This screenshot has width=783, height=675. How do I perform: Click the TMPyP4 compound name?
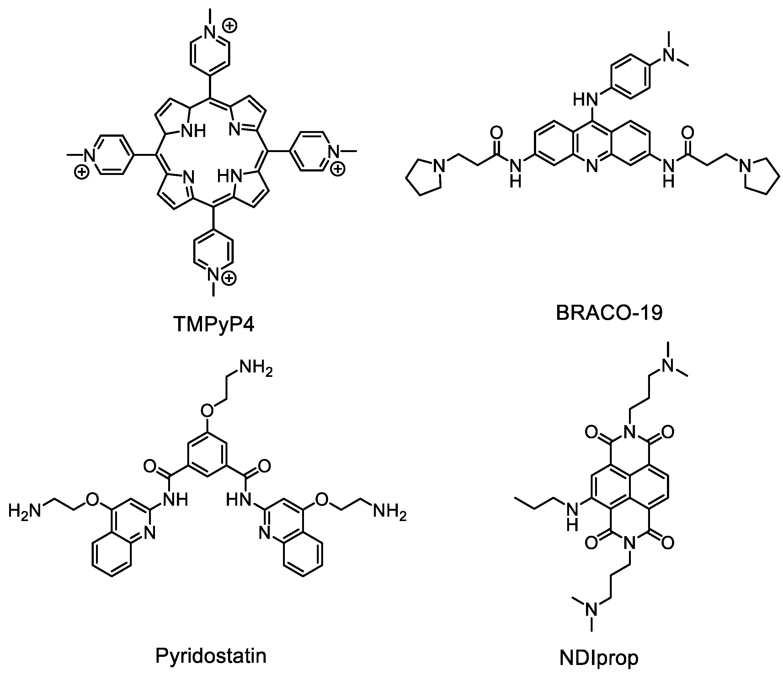coord(214,324)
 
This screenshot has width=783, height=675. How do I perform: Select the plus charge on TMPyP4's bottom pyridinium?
coord(229,279)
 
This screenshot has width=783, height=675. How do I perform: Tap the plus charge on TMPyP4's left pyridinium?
coord(81,173)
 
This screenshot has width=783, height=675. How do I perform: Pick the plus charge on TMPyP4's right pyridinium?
coord(338,170)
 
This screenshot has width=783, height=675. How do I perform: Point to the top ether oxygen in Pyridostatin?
coord(207,409)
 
